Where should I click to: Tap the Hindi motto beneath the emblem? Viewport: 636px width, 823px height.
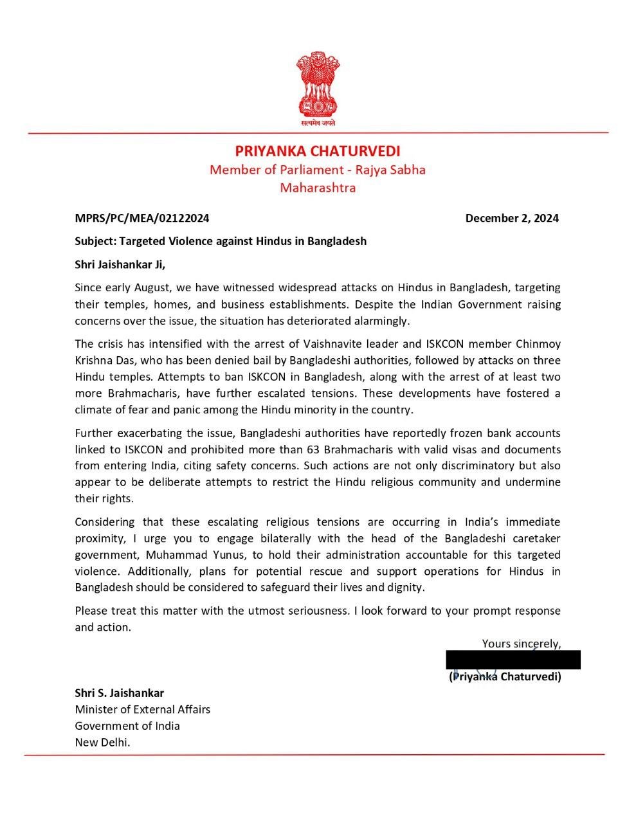(318, 122)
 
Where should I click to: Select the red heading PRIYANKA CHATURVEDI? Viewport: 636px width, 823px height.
(318, 151)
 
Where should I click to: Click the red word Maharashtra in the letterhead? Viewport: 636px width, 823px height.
(318, 188)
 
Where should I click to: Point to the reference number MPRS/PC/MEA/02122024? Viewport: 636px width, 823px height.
(142, 218)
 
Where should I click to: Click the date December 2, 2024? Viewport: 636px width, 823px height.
(512, 218)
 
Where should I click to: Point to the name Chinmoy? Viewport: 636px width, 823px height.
(538, 344)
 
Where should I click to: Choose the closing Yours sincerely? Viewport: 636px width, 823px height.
(521, 644)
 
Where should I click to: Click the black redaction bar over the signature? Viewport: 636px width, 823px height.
(513, 660)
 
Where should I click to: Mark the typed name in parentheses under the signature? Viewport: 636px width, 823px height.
(505, 676)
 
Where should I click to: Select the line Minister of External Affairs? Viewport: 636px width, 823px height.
(143, 709)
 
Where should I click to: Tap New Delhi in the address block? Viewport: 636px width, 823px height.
(102, 742)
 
